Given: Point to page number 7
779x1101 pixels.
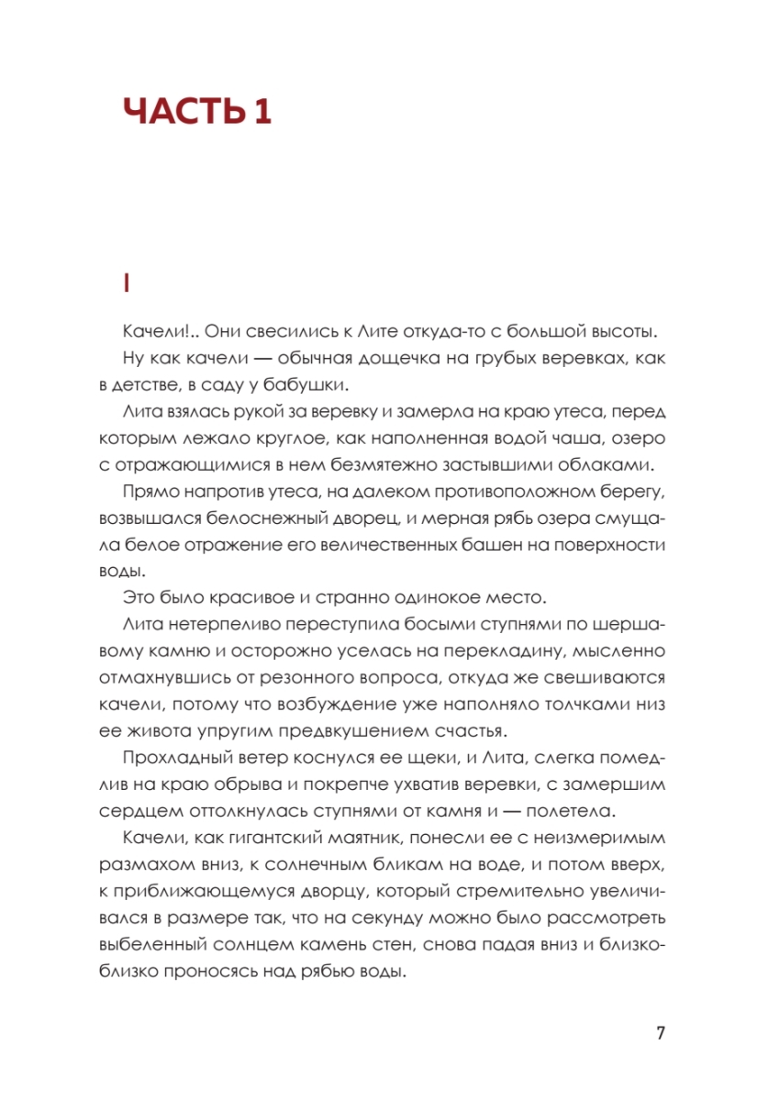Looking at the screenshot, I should [x=661, y=1032].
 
